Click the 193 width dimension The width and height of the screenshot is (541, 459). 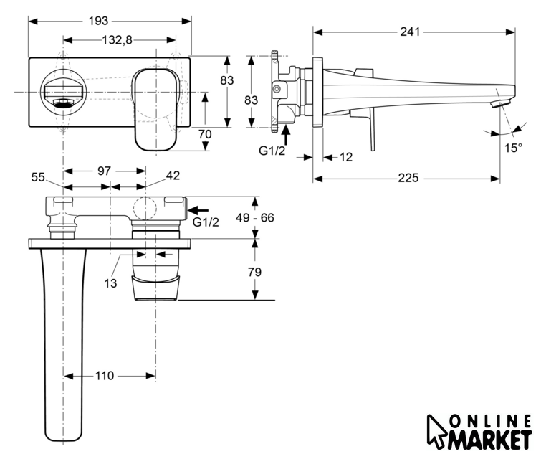tap(110, 20)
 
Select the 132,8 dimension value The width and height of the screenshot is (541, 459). tap(120, 40)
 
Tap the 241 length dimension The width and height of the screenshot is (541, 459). tap(410, 32)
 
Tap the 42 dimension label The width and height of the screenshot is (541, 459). tap(173, 176)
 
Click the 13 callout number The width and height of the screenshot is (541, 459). tap(110, 283)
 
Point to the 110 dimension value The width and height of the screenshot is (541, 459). tap(105, 376)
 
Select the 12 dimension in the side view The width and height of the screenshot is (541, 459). tap(346, 157)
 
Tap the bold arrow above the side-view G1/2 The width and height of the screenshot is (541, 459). tap(286, 133)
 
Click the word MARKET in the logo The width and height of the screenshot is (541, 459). tap(491, 438)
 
